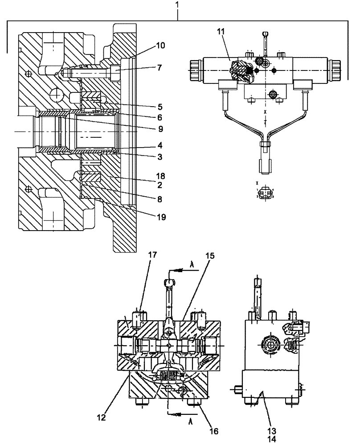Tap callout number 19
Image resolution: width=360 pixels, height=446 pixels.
click(161, 217)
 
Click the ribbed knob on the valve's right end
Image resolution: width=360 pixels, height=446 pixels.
click(336, 69)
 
